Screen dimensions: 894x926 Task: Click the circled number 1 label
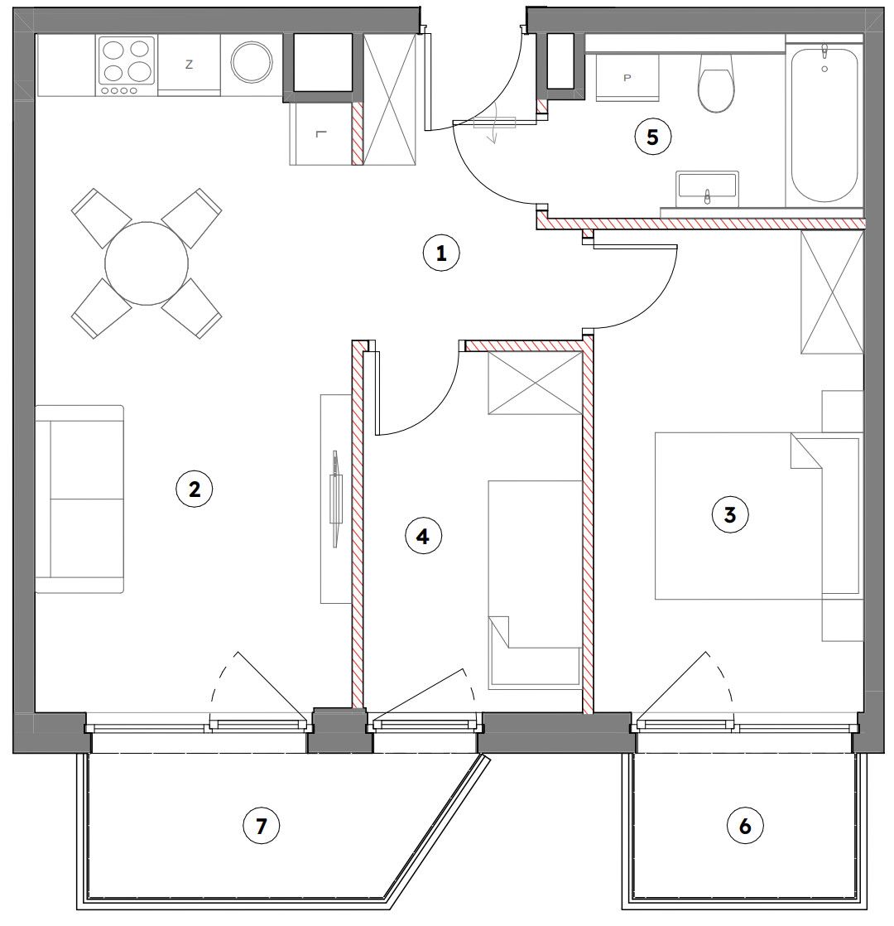point(441,253)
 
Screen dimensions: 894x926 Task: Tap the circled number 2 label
point(195,489)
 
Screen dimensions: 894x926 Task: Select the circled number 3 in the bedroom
point(730,515)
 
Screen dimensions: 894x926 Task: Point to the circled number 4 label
point(422,536)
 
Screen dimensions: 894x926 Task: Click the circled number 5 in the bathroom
point(652,137)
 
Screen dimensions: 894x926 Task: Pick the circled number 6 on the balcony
point(745,825)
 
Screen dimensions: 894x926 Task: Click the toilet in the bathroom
point(716,83)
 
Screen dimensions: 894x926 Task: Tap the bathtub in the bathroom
point(824,124)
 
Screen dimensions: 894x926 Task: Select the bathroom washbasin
point(708,188)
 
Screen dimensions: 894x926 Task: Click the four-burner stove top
point(127,65)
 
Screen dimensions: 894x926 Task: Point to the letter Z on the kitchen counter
point(189,65)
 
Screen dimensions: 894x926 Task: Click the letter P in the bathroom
point(627,78)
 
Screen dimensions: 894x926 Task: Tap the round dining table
point(147,263)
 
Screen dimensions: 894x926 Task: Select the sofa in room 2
point(79,499)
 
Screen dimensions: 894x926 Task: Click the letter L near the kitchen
point(320,133)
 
